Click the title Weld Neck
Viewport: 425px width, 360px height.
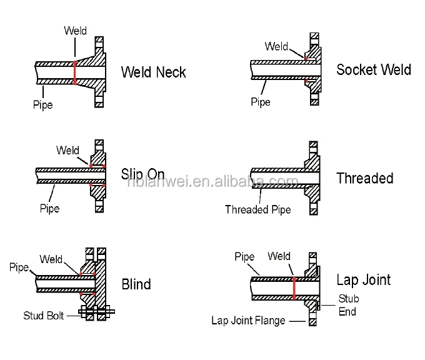[x=153, y=72]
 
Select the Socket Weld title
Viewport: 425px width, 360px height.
[x=374, y=69]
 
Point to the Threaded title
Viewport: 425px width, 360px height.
[x=364, y=178]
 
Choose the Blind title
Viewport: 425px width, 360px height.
[x=136, y=284]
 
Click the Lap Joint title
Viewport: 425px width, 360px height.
[x=363, y=279]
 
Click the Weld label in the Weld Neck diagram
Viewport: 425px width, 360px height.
[x=76, y=31]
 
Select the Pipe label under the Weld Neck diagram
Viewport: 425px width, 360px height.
[x=43, y=105]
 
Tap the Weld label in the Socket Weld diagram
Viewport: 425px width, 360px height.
[x=276, y=47]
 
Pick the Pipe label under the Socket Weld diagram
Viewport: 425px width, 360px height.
[x=261, y=102]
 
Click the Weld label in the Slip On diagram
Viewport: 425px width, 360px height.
[x=67, y=150]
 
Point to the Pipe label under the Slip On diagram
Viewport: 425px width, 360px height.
[x=49, y=207]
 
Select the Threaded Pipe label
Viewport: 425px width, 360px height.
[x=258, y=210]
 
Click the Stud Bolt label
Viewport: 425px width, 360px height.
[x=44, y=315]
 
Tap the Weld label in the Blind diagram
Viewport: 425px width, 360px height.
[x=51, y=259]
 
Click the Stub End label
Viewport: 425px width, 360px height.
[x=349, y=304]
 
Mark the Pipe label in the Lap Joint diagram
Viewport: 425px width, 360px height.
[x=244, y=257]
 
